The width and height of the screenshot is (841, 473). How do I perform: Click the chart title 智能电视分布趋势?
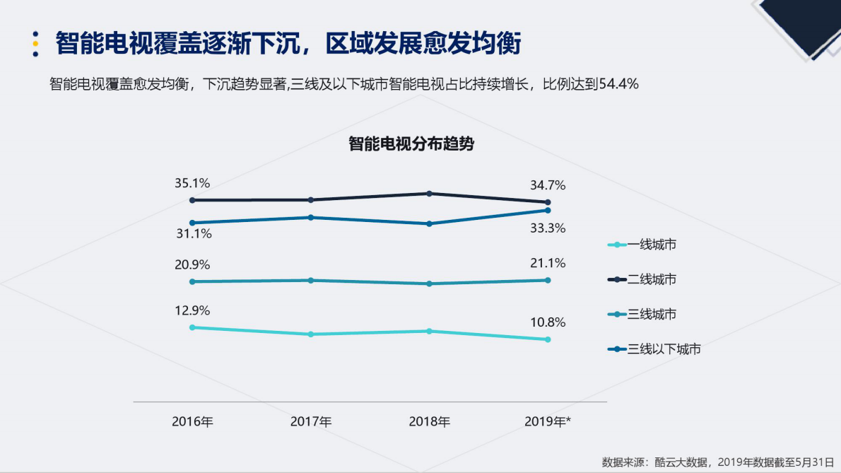pos(411,144)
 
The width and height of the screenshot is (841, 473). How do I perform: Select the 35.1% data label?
pos(192,183)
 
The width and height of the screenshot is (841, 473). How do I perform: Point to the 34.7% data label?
pos(548,185)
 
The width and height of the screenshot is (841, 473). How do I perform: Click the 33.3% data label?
pos(548,228)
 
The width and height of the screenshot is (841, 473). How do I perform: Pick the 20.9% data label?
pos(192,264)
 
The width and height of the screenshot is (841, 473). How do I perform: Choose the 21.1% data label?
pos(548,263)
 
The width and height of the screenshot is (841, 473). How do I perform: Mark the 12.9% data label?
pos(192,310)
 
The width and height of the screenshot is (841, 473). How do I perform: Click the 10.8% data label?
pos(548,322)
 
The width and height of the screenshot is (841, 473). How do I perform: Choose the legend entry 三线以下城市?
pos(663,349)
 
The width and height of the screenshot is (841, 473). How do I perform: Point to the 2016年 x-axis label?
pos(192,422)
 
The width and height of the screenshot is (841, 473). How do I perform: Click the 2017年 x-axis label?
pos(311,422)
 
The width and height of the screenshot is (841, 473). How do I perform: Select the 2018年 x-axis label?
pos(429,422)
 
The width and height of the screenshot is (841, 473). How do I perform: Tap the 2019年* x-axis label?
pos(548,422)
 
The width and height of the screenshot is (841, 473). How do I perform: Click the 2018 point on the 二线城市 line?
pos(429,194)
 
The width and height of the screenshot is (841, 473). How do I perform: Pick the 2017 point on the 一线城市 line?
pos(311,334)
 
